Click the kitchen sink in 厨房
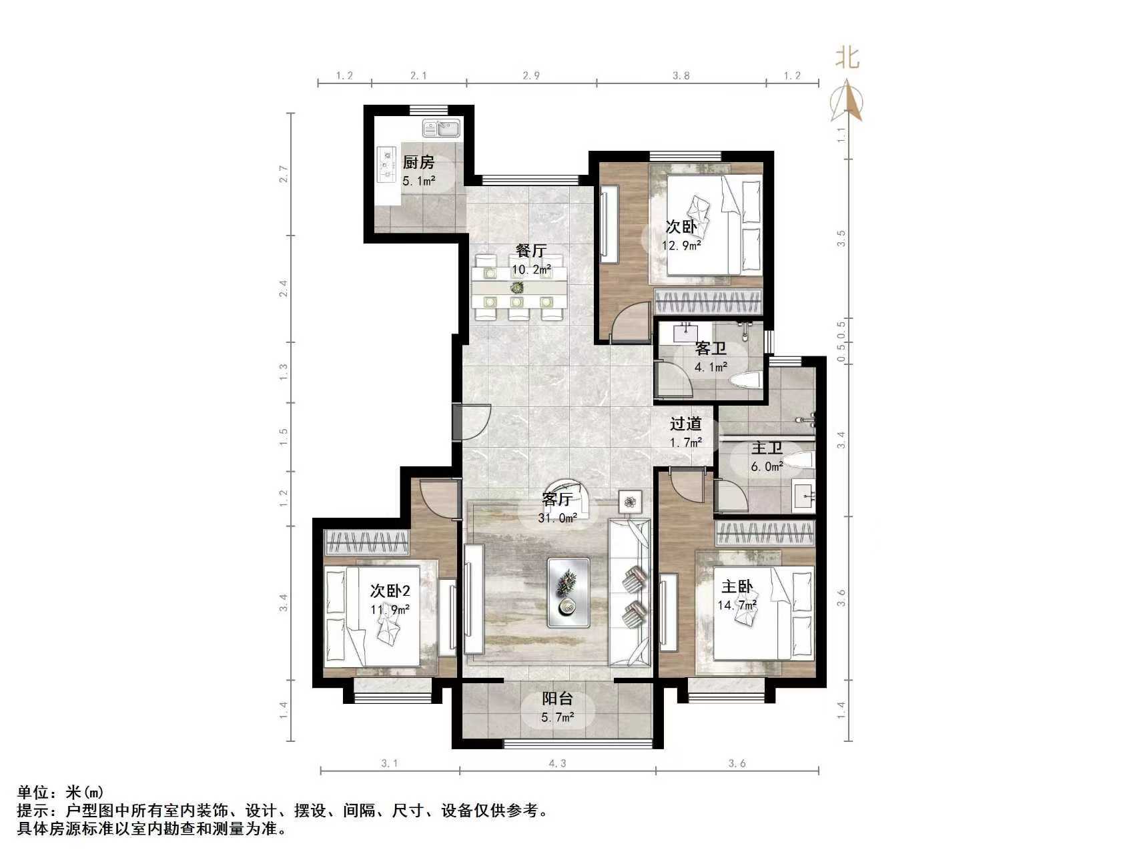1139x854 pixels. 441,127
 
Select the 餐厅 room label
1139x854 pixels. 531,251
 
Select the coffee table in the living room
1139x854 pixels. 569,592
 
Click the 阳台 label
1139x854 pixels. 557,699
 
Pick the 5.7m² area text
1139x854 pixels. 557,718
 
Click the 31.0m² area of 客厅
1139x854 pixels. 557,518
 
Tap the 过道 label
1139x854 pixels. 686,424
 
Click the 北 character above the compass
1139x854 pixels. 847,58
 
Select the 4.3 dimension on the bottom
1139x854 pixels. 557,763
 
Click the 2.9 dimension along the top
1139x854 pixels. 531,76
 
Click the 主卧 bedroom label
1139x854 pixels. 737,587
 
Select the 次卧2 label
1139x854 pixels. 390,591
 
